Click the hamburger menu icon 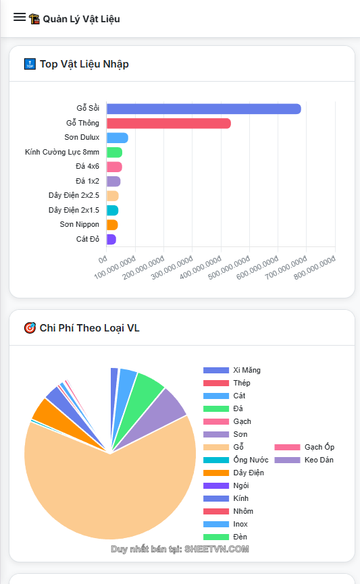coord(20,18)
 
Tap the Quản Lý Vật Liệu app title coord(81,19)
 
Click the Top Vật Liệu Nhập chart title coord(84,64)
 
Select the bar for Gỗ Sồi coord(203,109)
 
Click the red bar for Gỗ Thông coord(168,124)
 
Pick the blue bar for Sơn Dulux coord(117,138)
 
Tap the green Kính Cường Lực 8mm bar coord(114,153)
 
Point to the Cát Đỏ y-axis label coord(87,239)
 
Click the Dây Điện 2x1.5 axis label coord(74,210)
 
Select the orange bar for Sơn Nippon coord(112,225)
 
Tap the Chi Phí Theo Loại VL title coord(89,328)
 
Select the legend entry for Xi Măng coord(246,370)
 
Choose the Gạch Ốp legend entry coord(319,447)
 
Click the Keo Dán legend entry coord(318,460)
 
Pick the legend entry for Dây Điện coord(248,473)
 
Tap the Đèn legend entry coord(240,537)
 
